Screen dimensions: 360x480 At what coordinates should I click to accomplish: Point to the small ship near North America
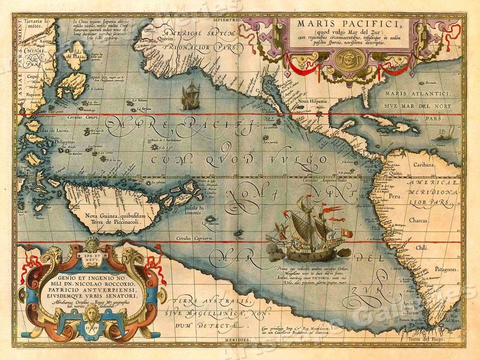click(x=190, y=96)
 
